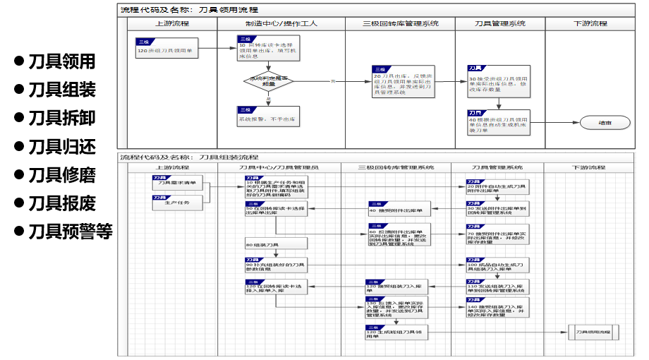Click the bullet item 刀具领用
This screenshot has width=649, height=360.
[x=61, y=61]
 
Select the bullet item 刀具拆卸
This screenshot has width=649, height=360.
[x=61, y=118]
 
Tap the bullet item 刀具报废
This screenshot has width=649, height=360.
[x=61, y=203]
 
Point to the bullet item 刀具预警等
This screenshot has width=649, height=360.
[x=69, y=232]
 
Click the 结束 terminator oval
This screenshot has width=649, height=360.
[x=605, y=122]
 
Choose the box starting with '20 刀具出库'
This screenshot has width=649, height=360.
[x=401, y=81]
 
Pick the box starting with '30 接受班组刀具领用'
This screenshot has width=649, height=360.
[x=498, y=82]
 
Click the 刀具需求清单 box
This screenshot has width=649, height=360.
[x=178, y=181]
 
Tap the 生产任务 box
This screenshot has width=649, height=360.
[x=178, y=202]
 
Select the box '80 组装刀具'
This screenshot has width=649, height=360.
[x=275, y=244]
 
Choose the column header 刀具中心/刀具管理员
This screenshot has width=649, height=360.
[x=279, y=167]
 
